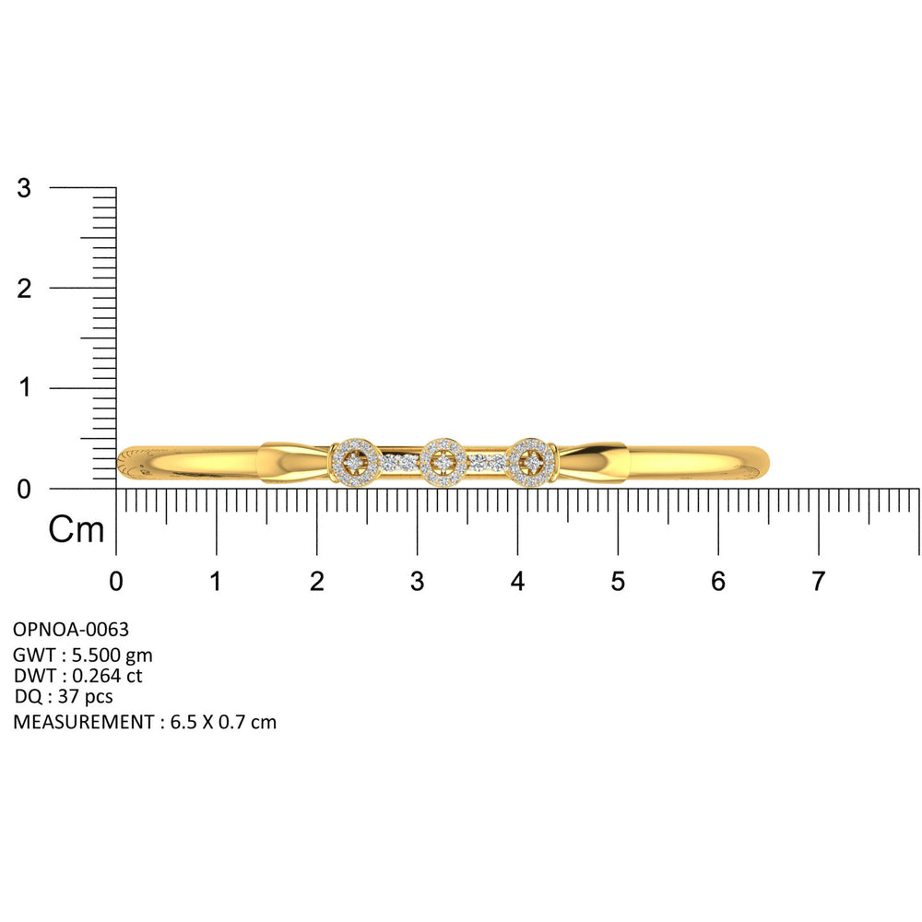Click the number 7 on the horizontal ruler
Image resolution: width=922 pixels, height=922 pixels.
tap(818, 582)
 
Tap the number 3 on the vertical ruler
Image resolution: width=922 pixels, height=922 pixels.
tap(24, 188)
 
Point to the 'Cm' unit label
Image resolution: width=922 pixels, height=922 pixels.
tap(76, 529)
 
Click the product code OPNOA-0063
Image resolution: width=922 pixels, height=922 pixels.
tap(71, 630)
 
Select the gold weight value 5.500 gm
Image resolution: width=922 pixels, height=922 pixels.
tap(112, 655)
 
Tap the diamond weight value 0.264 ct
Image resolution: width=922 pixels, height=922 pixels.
tap(107, 676)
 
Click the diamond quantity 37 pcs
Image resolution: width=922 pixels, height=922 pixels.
tap(85, 697)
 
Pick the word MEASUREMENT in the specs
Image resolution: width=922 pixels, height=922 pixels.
tap(84, 722)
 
